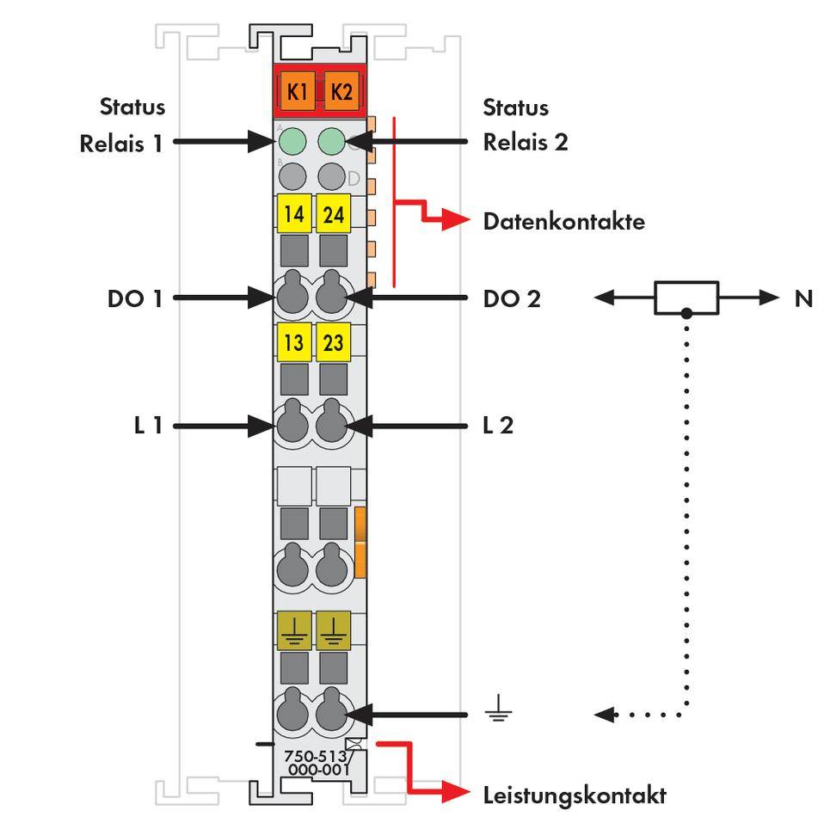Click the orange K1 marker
point(297,91)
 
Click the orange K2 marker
point(341,91)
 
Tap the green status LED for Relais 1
point(293,140)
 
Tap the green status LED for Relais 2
point(332,140)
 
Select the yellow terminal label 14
point(294,214)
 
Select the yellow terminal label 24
point(333,214)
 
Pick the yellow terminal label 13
point(294,342)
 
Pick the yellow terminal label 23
point(333,342)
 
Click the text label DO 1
point(135,299)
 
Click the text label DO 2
point(511,299)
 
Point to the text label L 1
point(148,425)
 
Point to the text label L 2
point(498,425)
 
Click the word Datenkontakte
point(563,222)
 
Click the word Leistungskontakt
point(574,795)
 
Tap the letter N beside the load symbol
point(803,298)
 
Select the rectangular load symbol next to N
point(686,298)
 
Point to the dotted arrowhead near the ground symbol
point(605,714)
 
